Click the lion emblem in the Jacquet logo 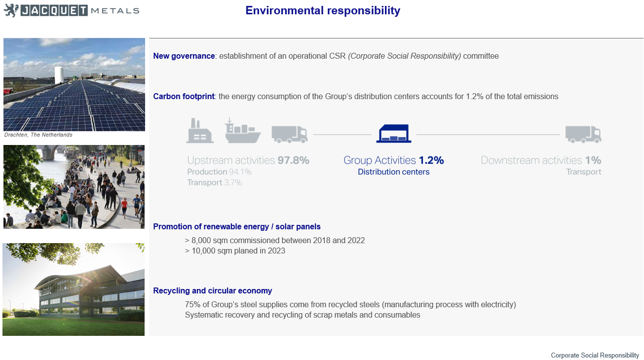pyautogui.click(x=11, y=10)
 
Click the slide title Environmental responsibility pyautogui.click(x=323, y=11)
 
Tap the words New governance pyautogui.click(x=184, y=56)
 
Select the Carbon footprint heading pyautogui.click(x=184, y=96)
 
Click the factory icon pyautogui.click(x=199, y=131)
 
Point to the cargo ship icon pyautogui.click(x=243, y=131)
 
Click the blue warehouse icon pyautogui.click(x=394, y=133)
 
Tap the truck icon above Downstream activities pyautogui.click(x=583, y=134)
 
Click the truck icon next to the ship pyautogui.click(x=290, y=134)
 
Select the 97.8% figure pyautogui.click(x=293, y=160)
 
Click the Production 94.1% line pyautogui.click(x=219, y=172)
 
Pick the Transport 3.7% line pyautogui.click(x=215, y=182)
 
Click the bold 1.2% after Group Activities pyautogui.click(x=431, y=160)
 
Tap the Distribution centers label pyautogui.click(x=394, y=172)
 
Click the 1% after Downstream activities pyautogui.click(x=593, y=160)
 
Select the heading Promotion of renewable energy pyautogui.click(x=236, y=227)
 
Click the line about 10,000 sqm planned pyautogui.click(x=235, y=251)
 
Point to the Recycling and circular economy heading pyautogui.click(x=213, y=291)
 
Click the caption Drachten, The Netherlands pyautogui.click(x=38, y=135)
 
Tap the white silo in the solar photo pyautogui.click(x=59, y=75)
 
